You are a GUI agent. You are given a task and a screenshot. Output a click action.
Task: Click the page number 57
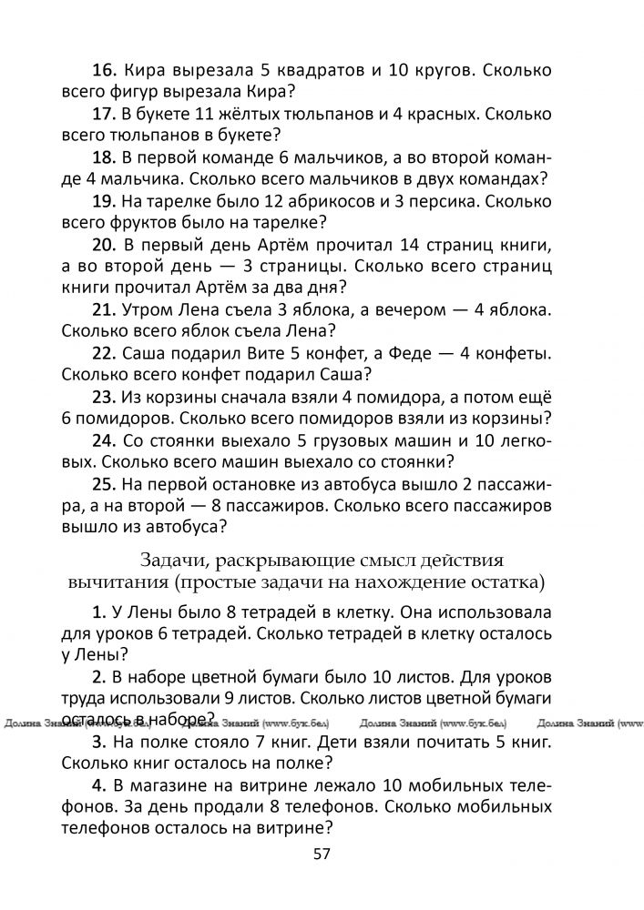click(x=321, y=854)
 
